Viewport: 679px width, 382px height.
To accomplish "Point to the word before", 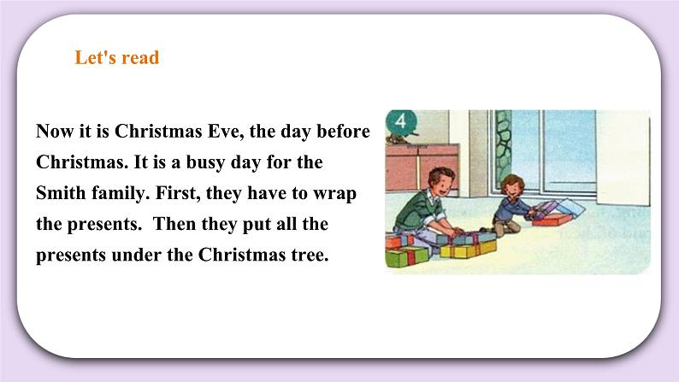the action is tap(344, 131).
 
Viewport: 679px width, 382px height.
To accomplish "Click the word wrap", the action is tap(334, 194).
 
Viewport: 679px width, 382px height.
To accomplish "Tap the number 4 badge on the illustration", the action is tap(401, 120).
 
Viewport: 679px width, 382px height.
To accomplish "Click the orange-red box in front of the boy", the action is tap(552, 220).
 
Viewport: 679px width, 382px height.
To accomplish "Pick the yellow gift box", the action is tap(469, 250).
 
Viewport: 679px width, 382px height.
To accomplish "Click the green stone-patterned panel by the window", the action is tap(503, 147).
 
